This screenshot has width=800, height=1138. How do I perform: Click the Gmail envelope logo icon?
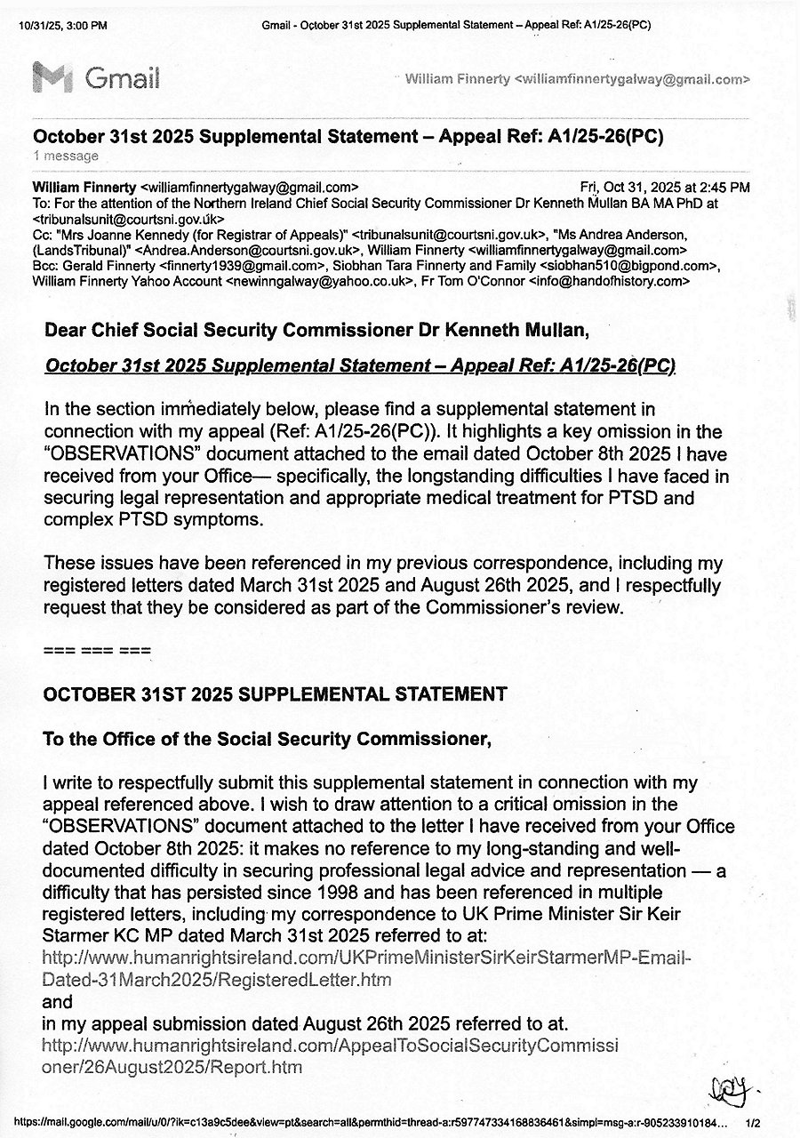[52, 78]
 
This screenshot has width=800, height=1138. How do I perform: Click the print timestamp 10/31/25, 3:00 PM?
[62, 26]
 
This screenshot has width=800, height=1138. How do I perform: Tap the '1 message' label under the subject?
[66, 156]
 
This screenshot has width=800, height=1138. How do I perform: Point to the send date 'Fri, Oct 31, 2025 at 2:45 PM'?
[664, 188]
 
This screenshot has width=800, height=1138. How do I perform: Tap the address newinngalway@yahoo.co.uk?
[319, 281]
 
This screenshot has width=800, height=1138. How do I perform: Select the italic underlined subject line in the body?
[360, 366]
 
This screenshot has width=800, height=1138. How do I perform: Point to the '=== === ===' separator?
[97, 650]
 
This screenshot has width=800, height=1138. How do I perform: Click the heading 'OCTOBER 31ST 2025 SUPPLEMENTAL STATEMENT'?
[275, 694]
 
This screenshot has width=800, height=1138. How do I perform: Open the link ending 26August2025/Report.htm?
[331, 1055]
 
